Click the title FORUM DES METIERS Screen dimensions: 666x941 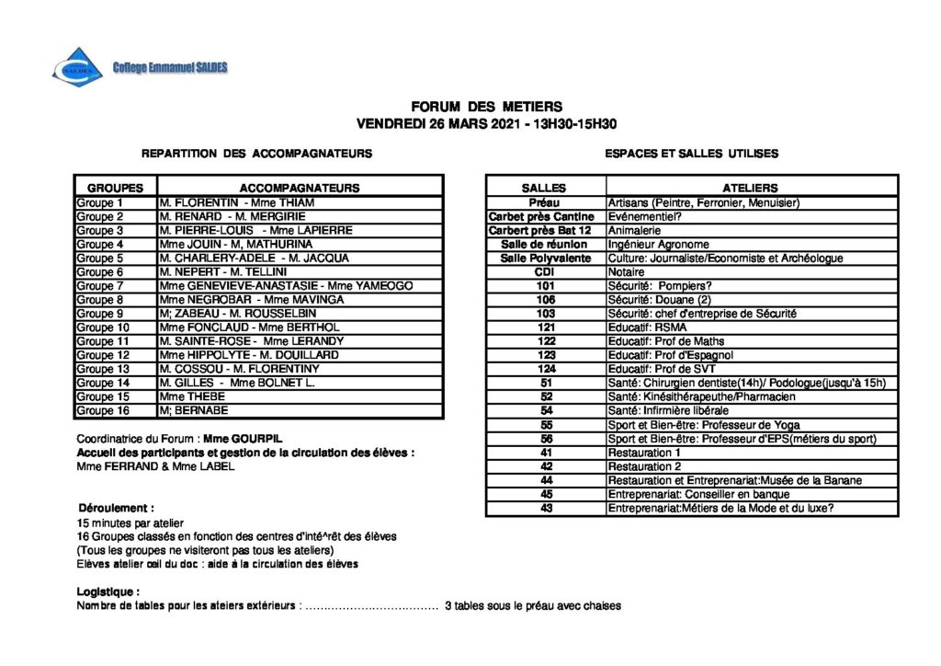(486, 107)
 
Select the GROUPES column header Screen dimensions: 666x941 (115, 188)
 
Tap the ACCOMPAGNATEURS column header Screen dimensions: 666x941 (300, 188)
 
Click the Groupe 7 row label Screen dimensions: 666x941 (100, 286)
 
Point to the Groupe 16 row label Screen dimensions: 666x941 (103, 410)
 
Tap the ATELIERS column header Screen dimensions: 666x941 (750, 188)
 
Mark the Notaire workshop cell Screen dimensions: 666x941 (627, 272)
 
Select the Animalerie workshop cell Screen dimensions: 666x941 (635, 230)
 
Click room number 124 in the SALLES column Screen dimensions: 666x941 (546, 369)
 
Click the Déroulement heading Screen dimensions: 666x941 (116, 508)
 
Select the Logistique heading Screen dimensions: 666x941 (108, 591)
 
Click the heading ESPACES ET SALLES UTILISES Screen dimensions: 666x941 (691, 154)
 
